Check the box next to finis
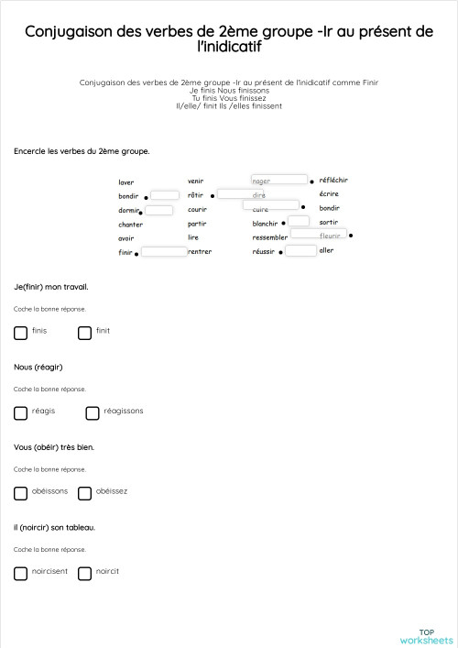click(20, 333)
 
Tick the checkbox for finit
click(84, 333)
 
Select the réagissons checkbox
click(92, 413)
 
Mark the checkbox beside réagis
click(20, 413)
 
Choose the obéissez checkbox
click(84, 493)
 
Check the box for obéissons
click(20, 493)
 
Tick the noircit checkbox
click(84, 574)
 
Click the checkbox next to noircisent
click(20, 574)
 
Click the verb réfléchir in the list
click(333, 181)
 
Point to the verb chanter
click(130, 225)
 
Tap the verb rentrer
click(200, 251)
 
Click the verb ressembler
click(270, 237)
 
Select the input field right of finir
click(164, 251)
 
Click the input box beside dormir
click(159, 211)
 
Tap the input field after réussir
click(300, 250)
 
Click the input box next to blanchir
click(299, 222)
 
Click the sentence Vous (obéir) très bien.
click(54, 447)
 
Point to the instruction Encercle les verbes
click(82, 150)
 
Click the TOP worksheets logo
click(426, 635)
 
